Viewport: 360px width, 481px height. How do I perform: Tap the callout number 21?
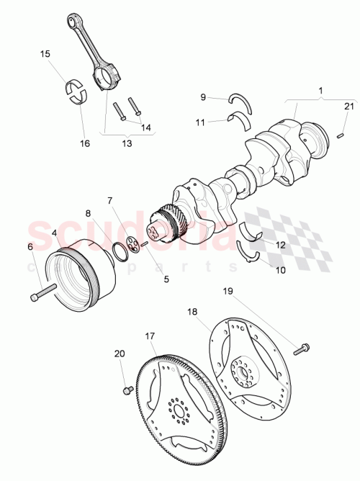tap(348, 107)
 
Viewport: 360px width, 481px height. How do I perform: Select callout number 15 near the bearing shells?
tap(45, 54)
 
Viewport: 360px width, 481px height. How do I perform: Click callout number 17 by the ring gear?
tap(150, 336)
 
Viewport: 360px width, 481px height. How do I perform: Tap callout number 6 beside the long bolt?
tap(30, 247)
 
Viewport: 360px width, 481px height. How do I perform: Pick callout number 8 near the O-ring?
tap(88, 213)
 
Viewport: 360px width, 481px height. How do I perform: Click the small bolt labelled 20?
tap(127, 390)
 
